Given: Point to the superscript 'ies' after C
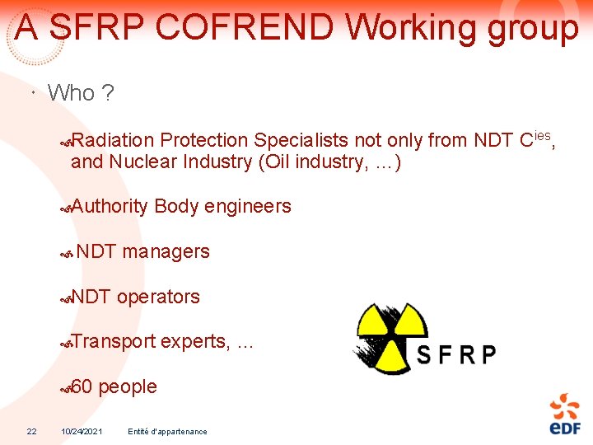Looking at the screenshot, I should [544, 133].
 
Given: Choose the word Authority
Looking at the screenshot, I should [110, 207].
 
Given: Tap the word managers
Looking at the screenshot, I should [166, 252].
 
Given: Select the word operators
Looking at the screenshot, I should [158, 297].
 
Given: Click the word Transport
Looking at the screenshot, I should [114, 342].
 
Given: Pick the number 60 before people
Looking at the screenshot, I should [82, 387].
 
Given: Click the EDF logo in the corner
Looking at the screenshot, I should [565, 414].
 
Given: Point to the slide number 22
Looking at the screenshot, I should [31, 431].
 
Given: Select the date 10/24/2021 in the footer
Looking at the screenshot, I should [82, 431].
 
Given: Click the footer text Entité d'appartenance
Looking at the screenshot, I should [168, 431].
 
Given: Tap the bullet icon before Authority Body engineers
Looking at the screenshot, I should [66, 208].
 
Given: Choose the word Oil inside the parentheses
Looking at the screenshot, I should [277, 162].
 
